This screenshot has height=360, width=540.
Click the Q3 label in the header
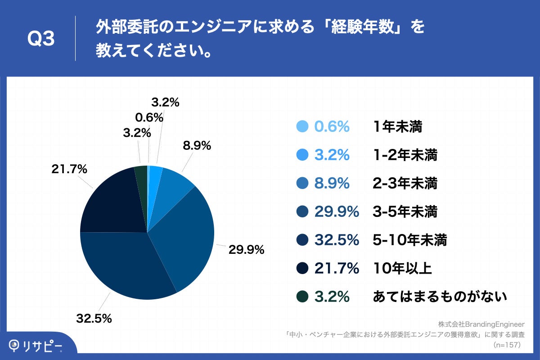[41, 40]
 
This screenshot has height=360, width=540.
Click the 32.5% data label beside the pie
[94, 319]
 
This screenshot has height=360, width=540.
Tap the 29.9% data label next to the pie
[246, 250]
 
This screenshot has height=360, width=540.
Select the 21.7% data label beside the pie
[69, 169]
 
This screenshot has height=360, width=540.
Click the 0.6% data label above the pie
[148, 117]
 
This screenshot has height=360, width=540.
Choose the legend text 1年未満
[398, 127]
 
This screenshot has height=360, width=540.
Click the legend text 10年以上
[402, 269]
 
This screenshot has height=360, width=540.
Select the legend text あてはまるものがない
[440, 297]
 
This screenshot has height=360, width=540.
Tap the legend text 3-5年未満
[405, 212]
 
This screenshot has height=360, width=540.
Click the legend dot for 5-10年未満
[302, 240]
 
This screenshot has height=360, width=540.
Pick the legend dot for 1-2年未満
[302, 155]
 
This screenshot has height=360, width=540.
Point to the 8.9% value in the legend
[332, 184]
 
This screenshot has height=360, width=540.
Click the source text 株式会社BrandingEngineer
[481, 324]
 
